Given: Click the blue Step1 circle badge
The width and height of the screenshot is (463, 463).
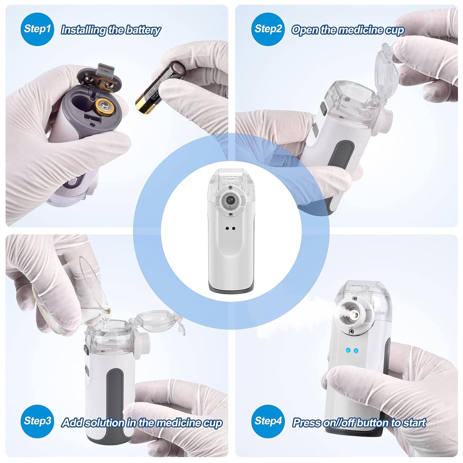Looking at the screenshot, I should click(x=37, y=29).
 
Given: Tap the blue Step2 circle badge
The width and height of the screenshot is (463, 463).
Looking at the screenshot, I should click(x=268, y=29).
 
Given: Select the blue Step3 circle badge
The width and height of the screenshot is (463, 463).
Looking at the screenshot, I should click(x=37, y=421).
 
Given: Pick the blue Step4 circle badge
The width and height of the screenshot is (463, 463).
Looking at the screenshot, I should click(x=268, y=421).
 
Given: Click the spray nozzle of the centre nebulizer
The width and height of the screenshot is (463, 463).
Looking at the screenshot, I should click(x=229, y=200).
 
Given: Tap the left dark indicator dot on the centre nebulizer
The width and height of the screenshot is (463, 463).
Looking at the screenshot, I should click(x=227, y=228).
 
